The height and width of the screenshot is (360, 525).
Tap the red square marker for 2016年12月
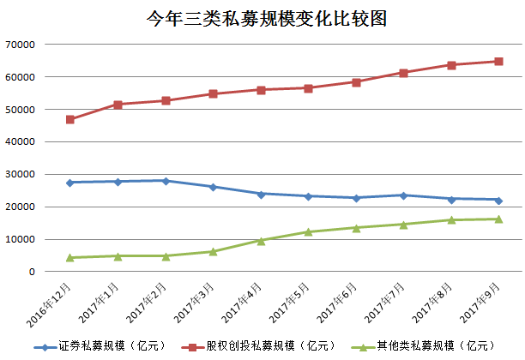[x=69, y=119]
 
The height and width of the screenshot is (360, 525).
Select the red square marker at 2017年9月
[x=498, y=61]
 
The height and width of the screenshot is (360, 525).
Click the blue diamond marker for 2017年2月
[x=165, y=181]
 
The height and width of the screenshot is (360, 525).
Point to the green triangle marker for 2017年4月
[x=261, y=241]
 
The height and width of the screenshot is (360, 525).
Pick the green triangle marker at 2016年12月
[x=69, y=257]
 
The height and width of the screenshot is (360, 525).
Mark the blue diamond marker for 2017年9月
[x=498, y=200]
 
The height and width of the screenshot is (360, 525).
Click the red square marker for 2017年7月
[x=403, y=73]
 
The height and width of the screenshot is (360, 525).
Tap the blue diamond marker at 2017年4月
[x=261, y=194]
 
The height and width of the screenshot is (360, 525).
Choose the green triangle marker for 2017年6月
[x=356, y=227]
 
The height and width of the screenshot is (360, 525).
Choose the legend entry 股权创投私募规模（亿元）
[x=257, y=346]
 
